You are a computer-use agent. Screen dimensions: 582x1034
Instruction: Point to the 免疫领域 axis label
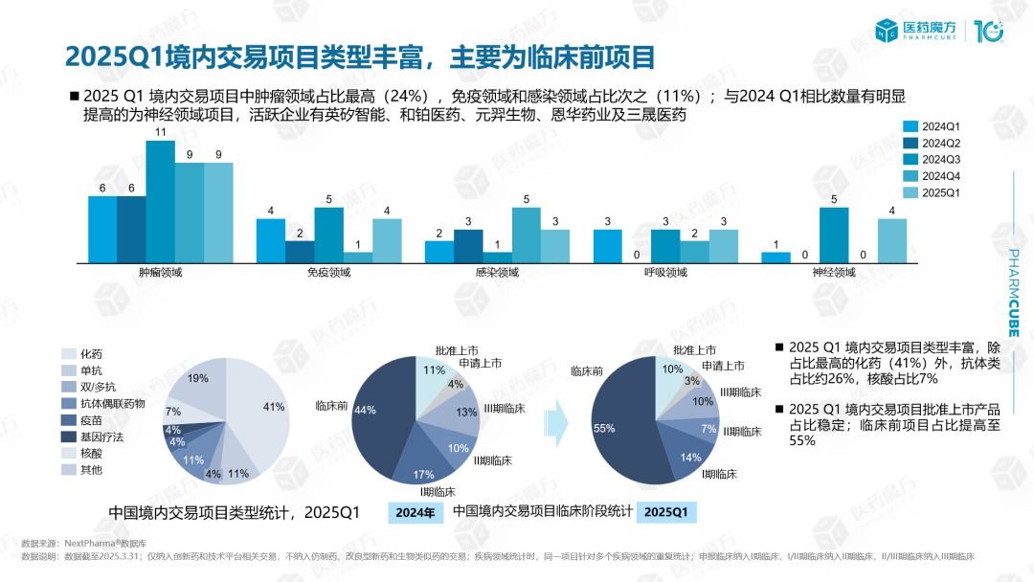click(328, 273)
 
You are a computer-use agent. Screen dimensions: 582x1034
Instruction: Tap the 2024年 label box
click(416, 512)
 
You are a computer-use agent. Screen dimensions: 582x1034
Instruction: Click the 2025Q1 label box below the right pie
click(665, 512)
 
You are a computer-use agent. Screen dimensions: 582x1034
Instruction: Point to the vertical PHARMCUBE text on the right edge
click(1014, 292)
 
